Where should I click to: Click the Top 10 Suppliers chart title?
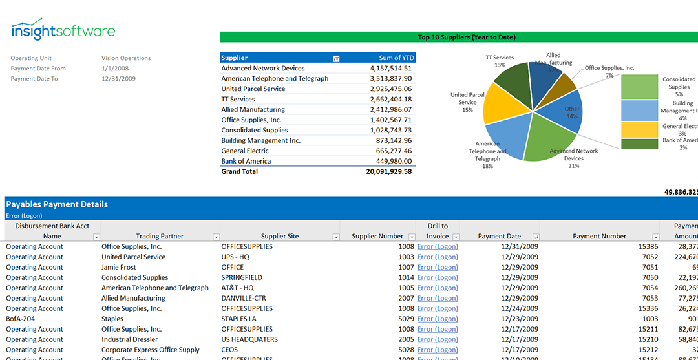click(458, 37)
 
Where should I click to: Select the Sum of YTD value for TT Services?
click(390, 99)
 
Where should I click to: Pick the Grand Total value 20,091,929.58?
click(388, 171)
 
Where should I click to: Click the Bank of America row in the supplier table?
click(246, 161)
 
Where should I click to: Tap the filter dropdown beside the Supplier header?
click(336, 58)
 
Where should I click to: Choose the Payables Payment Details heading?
click(57, 204)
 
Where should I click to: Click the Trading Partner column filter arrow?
click(216, 237)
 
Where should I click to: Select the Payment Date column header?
click(499, 236)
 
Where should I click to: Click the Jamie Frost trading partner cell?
click(119, 267)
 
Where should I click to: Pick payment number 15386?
click(648, 246)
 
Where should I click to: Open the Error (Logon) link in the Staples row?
click(438, 319)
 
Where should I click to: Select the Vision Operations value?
click(126, 58)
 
